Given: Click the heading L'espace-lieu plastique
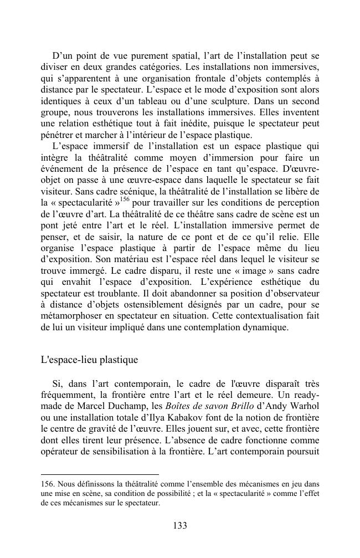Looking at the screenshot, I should [89, 360].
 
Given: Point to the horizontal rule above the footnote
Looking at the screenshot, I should [100, 474].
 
